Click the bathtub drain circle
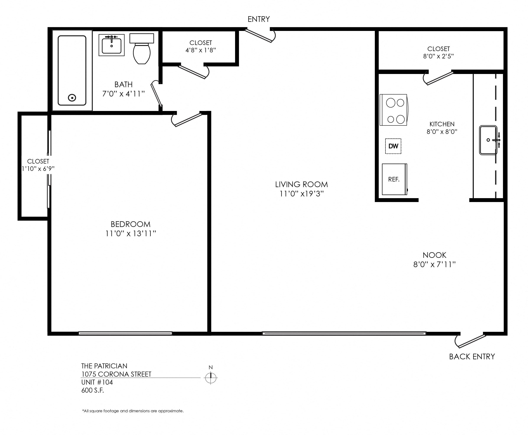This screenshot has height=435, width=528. (72, 98)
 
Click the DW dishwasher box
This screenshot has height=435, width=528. (393, 146)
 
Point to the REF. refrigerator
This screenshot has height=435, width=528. (394, 179)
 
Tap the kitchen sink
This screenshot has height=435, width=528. (488, 140)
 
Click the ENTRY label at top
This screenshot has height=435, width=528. (258, 19)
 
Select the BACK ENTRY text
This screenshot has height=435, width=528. (472, 356)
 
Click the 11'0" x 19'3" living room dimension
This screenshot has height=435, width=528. (301, 194)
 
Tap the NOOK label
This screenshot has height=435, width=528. (434, 255)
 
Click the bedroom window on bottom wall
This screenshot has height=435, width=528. (125, 333)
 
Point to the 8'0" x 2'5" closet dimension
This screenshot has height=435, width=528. (438, 56)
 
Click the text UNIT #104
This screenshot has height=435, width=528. (97, 382)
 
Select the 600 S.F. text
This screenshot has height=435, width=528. (92, 390)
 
